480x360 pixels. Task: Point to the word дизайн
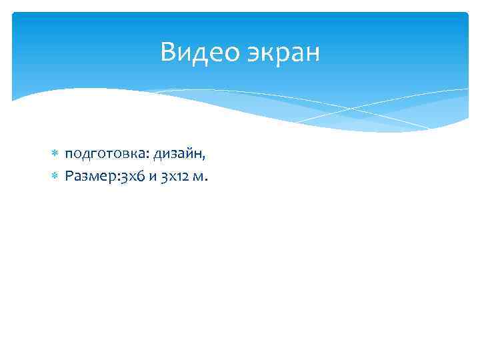(x=178, y=155)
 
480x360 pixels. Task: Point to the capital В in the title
(x=168, y=52)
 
